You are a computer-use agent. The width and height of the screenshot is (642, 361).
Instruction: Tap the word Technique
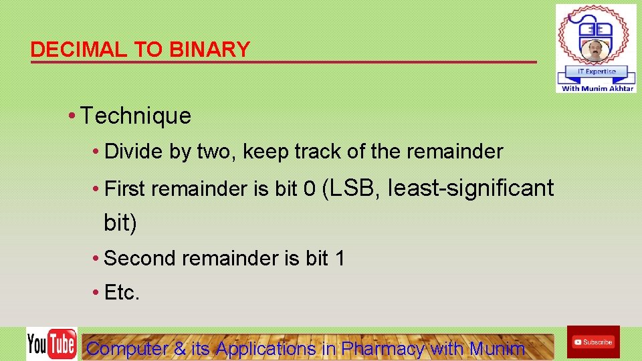click(x=136, y=116)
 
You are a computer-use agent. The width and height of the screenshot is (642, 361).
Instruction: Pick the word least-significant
click(x=471, y=189)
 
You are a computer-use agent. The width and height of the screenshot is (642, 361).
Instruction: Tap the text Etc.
click(x=122, y=293)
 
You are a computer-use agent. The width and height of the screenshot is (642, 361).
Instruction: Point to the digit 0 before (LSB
click(x=309, y=189)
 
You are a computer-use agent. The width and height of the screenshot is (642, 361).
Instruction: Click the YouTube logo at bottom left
click(x=51, y=344)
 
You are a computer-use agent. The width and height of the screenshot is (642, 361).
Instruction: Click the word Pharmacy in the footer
click(x=383, y=348)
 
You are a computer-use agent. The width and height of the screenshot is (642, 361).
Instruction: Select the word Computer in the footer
click(x=127, y=348)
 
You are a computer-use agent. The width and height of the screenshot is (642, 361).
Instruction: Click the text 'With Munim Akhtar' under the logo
click(x=597, y=88)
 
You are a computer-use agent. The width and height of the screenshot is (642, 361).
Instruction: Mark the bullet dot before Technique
click(x=72, y=116)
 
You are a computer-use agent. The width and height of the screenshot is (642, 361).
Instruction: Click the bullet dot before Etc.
click(x=97, y=293)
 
